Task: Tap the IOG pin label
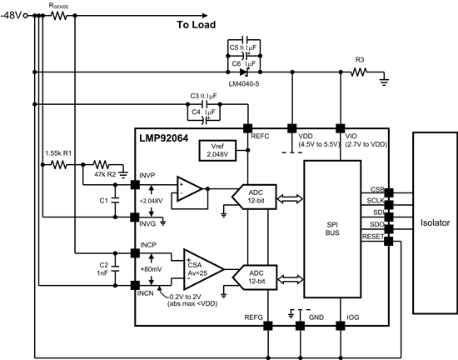(x=341, y=317)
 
